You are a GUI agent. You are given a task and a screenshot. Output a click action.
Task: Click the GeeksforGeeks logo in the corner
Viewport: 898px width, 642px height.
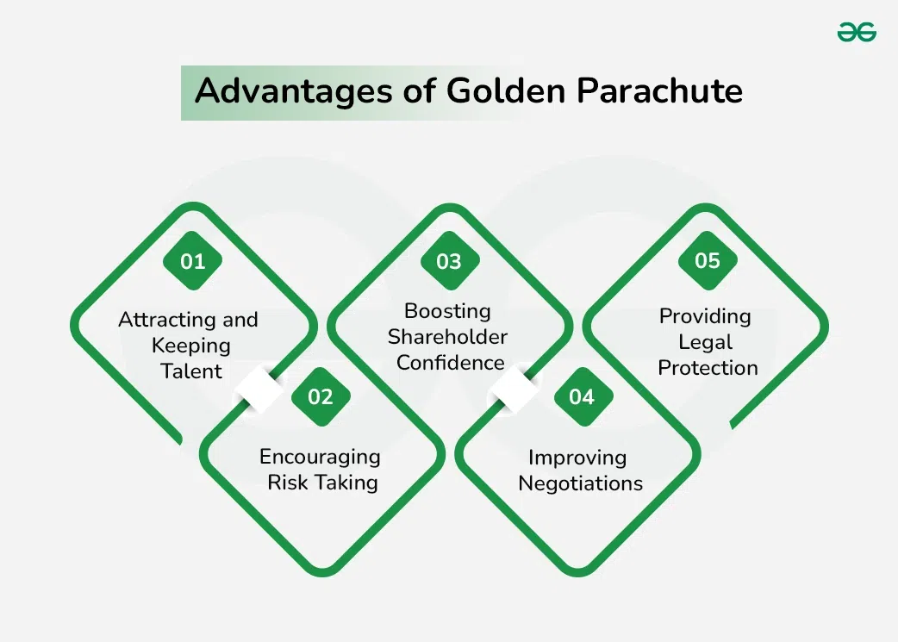pyautogui.click(x=857, y=32)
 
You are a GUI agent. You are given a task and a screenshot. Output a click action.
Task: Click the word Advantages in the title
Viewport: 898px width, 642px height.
pyautogui.click(x=294, y=91)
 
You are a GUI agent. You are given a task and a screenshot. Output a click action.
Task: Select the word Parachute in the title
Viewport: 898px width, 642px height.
pyautogui.click(x=659, y=90)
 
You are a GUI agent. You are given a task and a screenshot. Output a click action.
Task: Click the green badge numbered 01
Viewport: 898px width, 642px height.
pyautogui.click(x=192, y=261)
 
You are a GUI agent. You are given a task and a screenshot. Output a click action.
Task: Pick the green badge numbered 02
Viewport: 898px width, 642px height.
pyautogui.click(x=321, y=396)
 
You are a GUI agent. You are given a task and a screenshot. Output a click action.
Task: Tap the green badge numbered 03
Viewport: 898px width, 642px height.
pyautogui.click(x=450, y=261)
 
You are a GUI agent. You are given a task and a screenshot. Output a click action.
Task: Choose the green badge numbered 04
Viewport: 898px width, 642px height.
pyautogui.click(x=583, y=396)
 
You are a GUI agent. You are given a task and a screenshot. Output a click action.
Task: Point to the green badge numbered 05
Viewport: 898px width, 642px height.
pyautogui.click(x=708, y=260)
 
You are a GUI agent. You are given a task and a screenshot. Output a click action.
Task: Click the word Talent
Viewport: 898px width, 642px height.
pyautogui.click(x=191, y=371)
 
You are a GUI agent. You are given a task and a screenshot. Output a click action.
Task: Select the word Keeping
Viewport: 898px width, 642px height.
pyautogui.click(x=191, y=346)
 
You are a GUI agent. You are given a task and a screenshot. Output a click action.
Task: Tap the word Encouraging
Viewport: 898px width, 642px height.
pyautogui.click(x=320, y=458)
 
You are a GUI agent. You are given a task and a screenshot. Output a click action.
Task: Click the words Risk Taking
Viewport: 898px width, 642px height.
pyautogui.click(x=322, y=483)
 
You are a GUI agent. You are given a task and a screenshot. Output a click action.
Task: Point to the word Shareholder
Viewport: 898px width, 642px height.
pyautogui.click(x=448, y=337)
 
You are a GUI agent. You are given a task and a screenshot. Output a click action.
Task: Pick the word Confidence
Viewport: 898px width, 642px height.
pyautogui.click(x=451, y=363)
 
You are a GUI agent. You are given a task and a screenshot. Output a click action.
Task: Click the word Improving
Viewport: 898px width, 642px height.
pyautogui.click(x=577, y=458)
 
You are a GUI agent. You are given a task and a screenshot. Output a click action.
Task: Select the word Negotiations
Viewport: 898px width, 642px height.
pyautogui.click(x=581, y=483)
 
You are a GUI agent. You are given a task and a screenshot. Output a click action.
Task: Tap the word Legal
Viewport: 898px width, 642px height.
pyautogui.click(x=706, y=342)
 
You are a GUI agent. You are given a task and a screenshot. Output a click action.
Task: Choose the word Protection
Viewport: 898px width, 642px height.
pyautogui.click(x=708, y=368)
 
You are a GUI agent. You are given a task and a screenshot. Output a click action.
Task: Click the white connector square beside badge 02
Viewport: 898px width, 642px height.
pyautogui.click(x=259, y=390)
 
